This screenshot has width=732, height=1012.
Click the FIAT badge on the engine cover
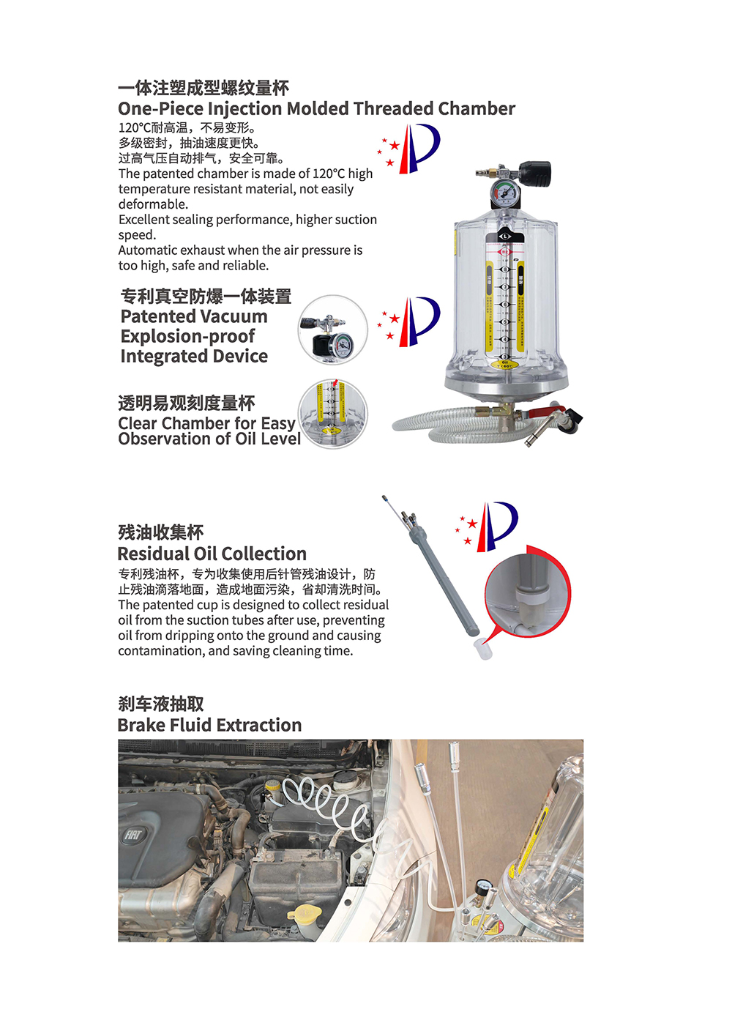pos(133,835)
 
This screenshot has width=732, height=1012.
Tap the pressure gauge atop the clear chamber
pos(504,192)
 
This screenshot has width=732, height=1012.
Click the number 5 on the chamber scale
pos(505,321)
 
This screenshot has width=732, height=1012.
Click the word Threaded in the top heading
pos(395,109)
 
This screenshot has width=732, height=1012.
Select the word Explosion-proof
pos(187,336)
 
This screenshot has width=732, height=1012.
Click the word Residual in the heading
pos(153,554)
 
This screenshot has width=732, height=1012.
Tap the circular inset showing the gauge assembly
pos(332,330)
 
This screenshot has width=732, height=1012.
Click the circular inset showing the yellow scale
pos(332,414)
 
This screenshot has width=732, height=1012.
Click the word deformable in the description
pos(153,204)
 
